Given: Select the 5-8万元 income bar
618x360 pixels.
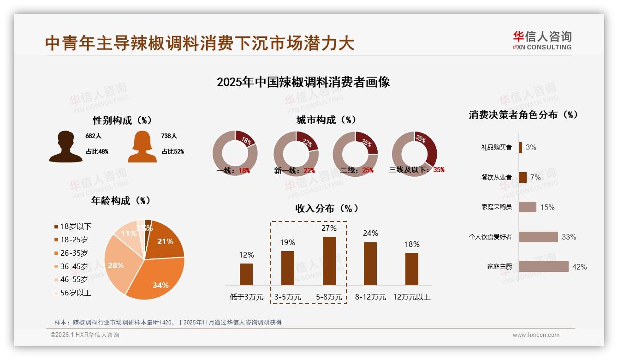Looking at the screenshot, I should (329, 261).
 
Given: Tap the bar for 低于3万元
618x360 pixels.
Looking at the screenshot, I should (246, 274).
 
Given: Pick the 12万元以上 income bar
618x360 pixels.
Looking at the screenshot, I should (412, 269).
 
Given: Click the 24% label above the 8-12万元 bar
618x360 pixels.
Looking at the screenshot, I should (370, 233).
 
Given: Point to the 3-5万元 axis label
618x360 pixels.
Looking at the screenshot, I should (288, 297).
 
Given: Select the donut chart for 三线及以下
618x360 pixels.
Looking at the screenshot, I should (414, 154).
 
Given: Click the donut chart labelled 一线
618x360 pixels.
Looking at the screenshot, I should (235, 154).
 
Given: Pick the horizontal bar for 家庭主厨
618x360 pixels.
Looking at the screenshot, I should (543, 266).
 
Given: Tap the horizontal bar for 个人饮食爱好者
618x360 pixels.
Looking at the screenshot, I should (538, 237).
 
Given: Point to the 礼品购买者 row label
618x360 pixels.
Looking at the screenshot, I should (496, 147).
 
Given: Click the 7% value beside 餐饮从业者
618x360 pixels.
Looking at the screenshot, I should (535, 177).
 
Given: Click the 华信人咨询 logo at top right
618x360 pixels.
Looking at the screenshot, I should (542, 40).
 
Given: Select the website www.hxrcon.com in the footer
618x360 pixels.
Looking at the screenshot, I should (536, 335).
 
